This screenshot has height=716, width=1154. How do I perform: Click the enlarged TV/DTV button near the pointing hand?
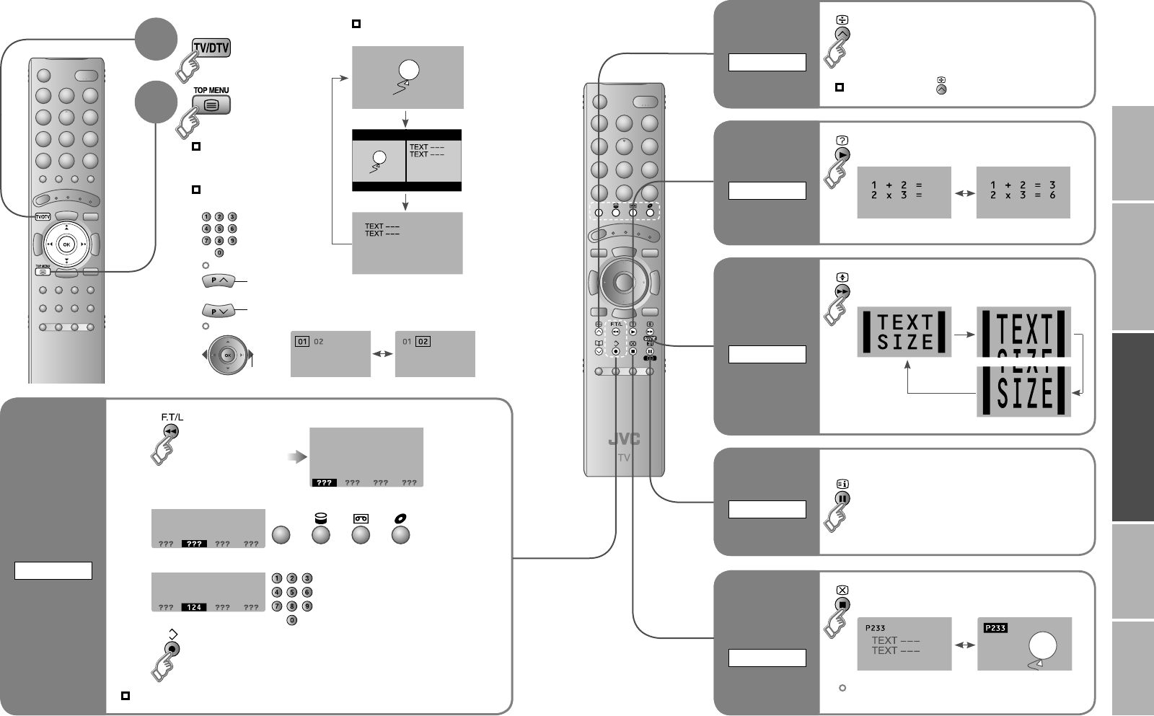[211, 48]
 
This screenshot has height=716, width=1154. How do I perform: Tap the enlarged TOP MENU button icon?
[211, 105]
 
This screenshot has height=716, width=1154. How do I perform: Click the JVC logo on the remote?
[624, 439]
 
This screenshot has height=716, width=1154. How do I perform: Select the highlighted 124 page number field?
[194, 607]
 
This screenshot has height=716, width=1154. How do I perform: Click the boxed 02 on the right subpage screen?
[423, 342]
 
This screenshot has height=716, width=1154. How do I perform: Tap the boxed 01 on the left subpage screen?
[301, 342]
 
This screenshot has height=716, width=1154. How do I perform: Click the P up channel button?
[218, 280]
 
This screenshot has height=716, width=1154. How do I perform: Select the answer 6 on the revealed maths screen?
[1052, 195]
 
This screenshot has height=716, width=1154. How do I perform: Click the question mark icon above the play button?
[842, 141]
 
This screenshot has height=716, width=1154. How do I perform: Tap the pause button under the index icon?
[842, 498]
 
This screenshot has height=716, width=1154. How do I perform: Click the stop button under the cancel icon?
[842, 605]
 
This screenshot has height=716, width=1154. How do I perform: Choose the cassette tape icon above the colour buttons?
[360, 518]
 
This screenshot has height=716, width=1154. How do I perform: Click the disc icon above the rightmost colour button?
[399, 518]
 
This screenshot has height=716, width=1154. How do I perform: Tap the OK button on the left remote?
[66, 244]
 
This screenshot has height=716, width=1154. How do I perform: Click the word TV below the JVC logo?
[624, 458]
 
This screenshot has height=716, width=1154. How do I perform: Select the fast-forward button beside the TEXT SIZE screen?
[842, 291]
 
